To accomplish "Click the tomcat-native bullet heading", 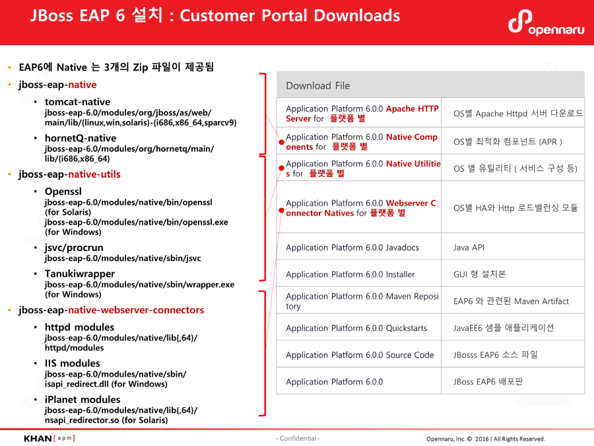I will click(77, 102).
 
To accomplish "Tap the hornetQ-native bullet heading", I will click(80, 138).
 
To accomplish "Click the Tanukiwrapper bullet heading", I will click(79, 274).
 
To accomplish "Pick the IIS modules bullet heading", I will click(72, 363).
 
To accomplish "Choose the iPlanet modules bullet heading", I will click(82, 400).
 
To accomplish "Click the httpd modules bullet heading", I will click(79, 327).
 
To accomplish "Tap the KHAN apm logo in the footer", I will click(49, 438).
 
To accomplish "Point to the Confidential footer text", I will click(298, 439).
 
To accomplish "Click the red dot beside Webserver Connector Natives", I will click(281, 211).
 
